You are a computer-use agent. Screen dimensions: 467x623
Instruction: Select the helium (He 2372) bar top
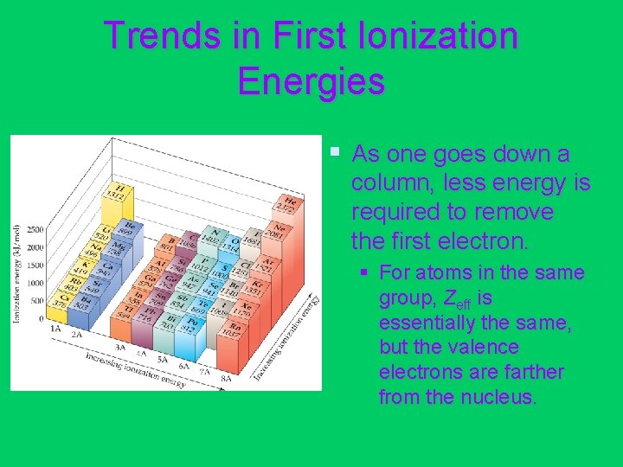coord(286,204)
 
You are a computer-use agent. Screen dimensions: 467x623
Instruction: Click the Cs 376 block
coord(61,301)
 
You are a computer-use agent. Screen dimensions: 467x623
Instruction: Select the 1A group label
coord(55,329)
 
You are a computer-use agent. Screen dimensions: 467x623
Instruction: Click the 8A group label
coord(226,378)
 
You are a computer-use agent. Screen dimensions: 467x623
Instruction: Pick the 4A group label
coord(139,354)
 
